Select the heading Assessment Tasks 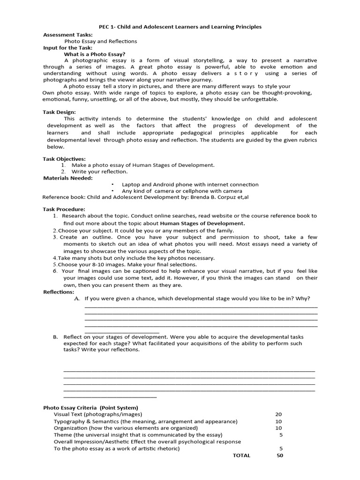[68, 35]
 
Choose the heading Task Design [59, 112]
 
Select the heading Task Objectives [64, 159]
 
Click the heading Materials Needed [68, 178]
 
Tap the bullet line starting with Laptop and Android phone [190, 185]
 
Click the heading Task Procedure [64, 209]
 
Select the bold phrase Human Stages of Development [202, 224]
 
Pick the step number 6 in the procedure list [55, 271]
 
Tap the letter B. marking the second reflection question [55, 337]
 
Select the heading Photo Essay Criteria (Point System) [90, 408]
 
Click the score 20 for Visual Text [278, 414]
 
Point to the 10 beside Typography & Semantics [278, 421]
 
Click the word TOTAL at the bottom [241, 456]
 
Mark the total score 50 [279, 456]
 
